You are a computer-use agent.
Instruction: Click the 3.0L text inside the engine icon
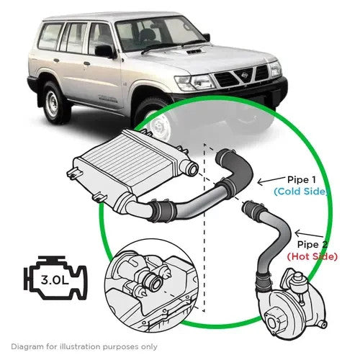(55, 279)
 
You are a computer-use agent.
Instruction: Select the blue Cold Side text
(301, 192)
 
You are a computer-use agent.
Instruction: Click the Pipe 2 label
(312, 245)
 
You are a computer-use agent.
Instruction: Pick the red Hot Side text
(312, 256)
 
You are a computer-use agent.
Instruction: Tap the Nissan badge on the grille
(245, 75)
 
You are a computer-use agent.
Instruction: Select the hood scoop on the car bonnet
(194, 52)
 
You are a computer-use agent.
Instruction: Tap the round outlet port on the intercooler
(192, 168)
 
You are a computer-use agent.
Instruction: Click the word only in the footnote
(149, 347)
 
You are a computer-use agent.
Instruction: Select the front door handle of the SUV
(87, 63)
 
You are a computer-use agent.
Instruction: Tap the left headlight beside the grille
(195, 83)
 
